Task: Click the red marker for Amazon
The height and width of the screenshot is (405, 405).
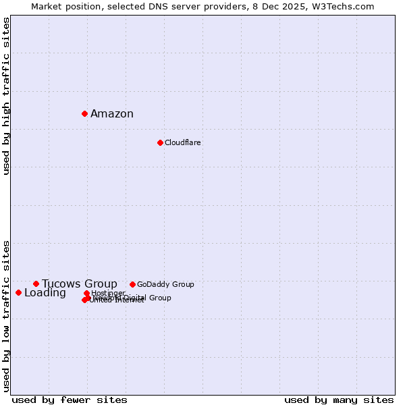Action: tap(84, 113)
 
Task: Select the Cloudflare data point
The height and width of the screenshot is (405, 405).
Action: tap(160, 142)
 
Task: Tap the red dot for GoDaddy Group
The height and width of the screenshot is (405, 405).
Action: tap(132, 284)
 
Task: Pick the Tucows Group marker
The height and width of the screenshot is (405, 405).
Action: tap(36, 283)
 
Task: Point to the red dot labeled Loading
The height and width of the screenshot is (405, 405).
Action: tap(18, 292)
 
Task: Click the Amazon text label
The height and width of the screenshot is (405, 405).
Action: tap(112, 113)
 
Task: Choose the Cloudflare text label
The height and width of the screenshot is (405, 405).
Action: tap(183, 142)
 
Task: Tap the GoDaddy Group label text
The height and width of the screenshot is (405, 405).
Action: tap(165, 284)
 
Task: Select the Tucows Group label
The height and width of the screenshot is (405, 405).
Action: tap(80, 283)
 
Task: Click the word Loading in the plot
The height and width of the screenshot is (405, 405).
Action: tap(45, 292)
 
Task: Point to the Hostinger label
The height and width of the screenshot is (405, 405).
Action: tap(109, 293)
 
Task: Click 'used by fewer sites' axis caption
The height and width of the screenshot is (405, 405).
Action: tap(70, 400)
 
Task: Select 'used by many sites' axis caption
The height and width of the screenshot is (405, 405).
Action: tap(339, 400)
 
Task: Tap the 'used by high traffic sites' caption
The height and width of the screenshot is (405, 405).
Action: tap(7, 96)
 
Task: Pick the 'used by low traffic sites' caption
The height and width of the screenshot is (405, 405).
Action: tap(7, 315)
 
